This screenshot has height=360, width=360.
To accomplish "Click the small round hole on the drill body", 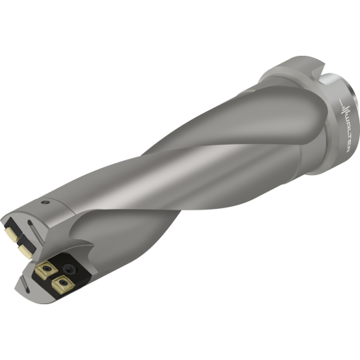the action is (x=44, y=202).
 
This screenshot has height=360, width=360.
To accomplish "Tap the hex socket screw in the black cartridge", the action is (x=70, y=268).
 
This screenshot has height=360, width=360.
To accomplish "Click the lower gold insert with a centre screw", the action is (x=63, y=284).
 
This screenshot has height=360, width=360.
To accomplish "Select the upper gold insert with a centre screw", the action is (x=47, y=270).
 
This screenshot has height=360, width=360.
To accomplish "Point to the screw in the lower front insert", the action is (x=63, y=282).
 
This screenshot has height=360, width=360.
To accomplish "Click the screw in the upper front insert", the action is (x=47, y=268).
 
